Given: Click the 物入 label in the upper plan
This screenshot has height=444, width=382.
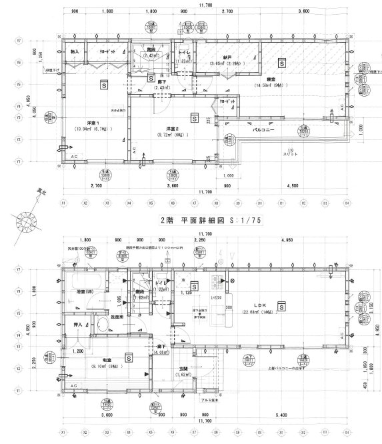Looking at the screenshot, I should [x=75, y=52].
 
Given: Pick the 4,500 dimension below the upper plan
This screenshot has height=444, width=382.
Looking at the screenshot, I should [x=291, y=186].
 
